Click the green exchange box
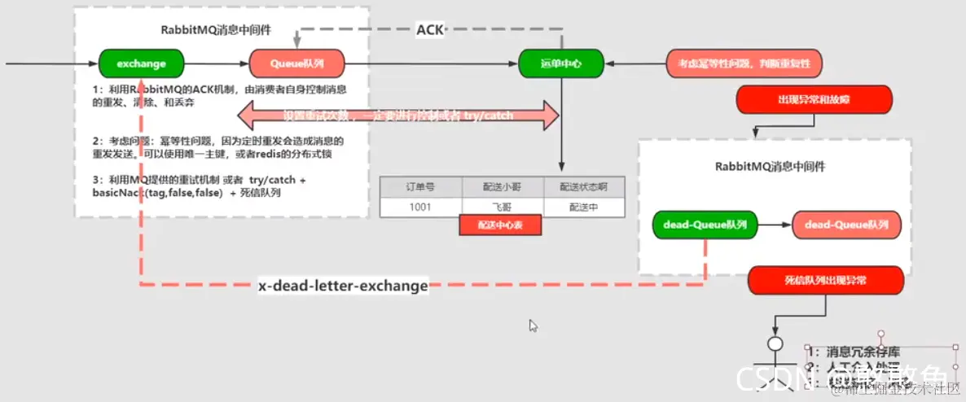(x=141, y=63)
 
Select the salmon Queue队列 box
(x=296, y=63)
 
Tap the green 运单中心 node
(x=561, y=63)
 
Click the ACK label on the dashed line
(x=429, y=31)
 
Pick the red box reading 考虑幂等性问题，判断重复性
(x=744, y=63)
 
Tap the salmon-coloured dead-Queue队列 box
(x=846, y=224)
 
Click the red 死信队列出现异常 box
(x=825, y=280)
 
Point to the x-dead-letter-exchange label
(x=343, y=286)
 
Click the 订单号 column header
(x=420, y=186)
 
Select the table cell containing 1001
(x=420, y=207)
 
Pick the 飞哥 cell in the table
(x=503, y=207)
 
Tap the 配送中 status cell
(x=583, y=207)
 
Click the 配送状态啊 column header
(x=583, y=186)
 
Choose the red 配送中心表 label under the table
(x=499, y=225)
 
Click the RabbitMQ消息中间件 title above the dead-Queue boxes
(x=771, y=167)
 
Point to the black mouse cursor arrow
(x=533, y=325)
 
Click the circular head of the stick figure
(x=775, y=343)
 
